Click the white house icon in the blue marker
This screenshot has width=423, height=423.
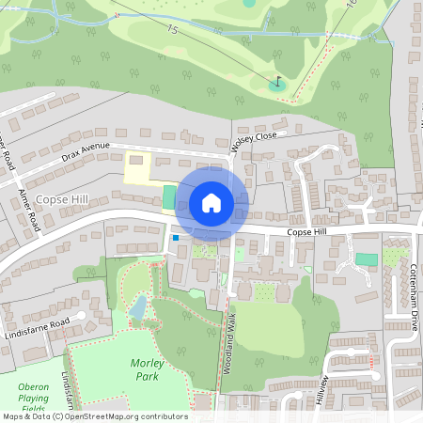click(211, 202)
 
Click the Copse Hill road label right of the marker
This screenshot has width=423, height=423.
click(306, 231)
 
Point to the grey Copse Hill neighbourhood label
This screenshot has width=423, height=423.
click(63, 200)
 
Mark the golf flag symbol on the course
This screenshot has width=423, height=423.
click(276, 83)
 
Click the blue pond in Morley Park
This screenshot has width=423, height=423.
click(139, 306)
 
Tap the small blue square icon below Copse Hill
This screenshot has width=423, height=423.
click(175, 239)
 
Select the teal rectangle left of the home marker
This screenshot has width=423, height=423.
click(169, 197)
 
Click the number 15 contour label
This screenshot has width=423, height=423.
click(172, 31)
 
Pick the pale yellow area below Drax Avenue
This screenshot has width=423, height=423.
click(139, 169)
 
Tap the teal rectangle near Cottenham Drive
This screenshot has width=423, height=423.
click(367, 259)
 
